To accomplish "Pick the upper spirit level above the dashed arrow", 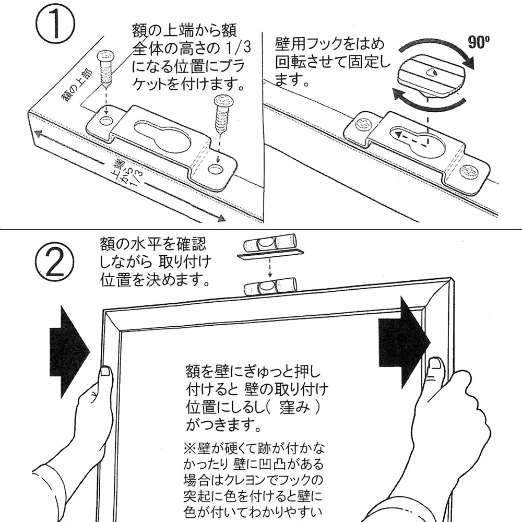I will point(270,242).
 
